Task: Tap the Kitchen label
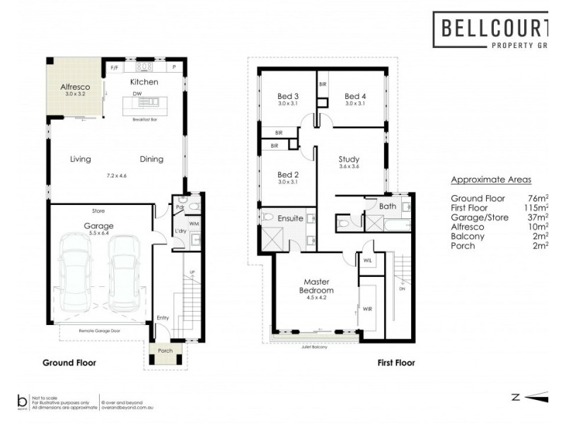tap(144, 82)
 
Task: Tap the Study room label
tap(350, 159)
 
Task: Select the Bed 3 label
tap(287, 96)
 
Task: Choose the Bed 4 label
tap(355, 96)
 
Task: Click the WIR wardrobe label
tap(366, 309)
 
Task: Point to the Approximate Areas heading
tap(490, 179)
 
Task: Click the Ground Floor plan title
tap(68, 363)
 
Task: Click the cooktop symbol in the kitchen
tap(144, 68)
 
